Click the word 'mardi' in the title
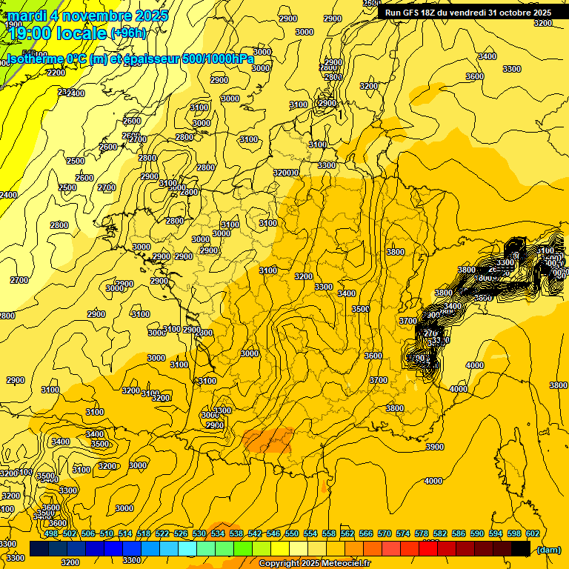tap(30, 15)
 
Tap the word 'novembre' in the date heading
tap(96, 15)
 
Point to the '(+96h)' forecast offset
tap(128, 34)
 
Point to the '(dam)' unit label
tap(548, 550)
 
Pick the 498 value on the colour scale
tap(51, 533)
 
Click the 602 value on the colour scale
tap(533, 533)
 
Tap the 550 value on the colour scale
tap(292, 533)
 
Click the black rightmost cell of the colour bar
tap(521, 548)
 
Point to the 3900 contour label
tap(435, 447)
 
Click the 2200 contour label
tap(56, 73)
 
